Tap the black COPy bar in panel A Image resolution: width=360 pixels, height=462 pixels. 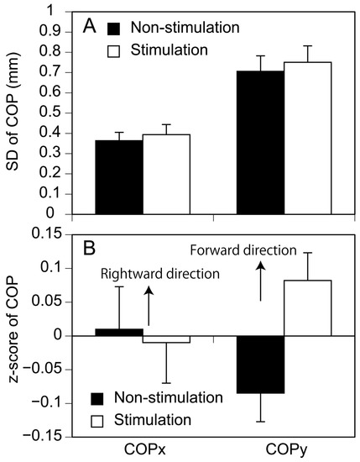(260, 143)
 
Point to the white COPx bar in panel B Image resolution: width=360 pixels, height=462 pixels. (166, 339)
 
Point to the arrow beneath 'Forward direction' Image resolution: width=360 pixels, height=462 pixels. (260, 281)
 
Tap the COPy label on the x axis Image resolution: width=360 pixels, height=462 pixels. (284, 449)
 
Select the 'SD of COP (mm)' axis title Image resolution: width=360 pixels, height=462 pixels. (13, 113)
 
